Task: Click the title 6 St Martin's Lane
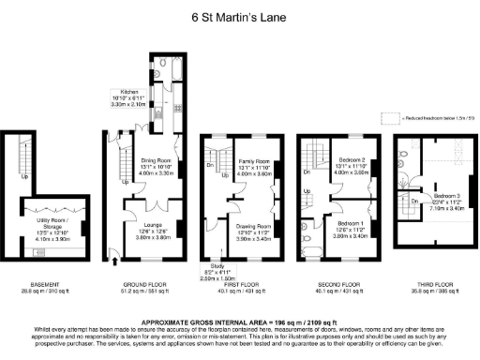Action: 238,16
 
